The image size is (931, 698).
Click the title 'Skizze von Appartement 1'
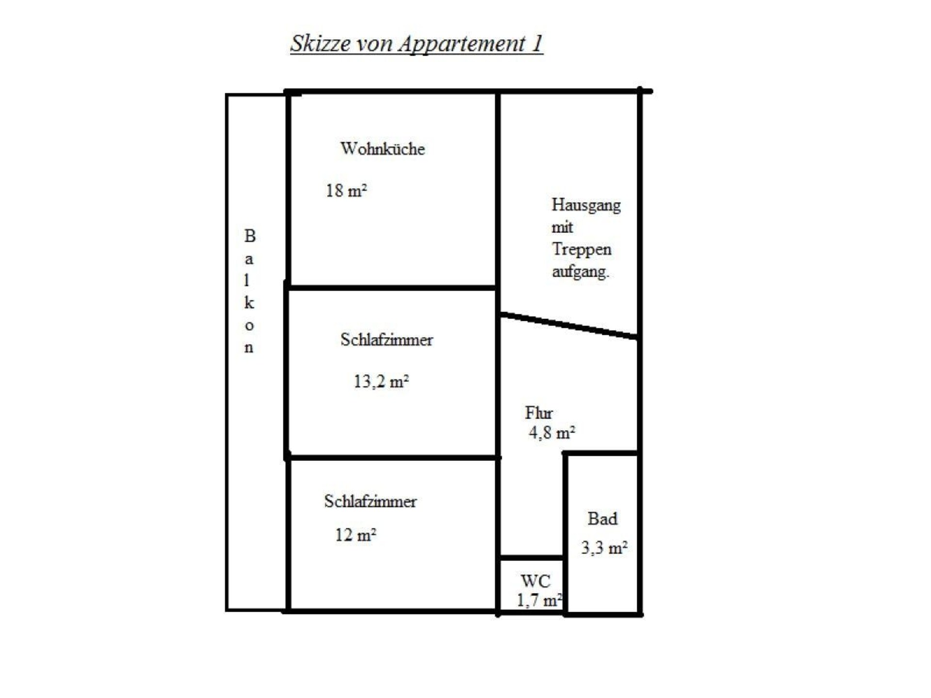417,44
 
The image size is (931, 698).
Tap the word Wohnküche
383,148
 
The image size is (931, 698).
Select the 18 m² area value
346,190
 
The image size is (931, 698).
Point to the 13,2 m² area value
381,381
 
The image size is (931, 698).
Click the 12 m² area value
355,535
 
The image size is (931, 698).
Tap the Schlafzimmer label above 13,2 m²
386,339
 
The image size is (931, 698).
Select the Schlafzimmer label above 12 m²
370,501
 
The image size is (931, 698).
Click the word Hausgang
586,206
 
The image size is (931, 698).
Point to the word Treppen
582,249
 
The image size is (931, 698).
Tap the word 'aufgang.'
580,271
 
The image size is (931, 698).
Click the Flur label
539,412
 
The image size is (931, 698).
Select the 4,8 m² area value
552,432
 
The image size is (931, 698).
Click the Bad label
602,519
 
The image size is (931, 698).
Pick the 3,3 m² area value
604,548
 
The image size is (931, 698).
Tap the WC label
535,581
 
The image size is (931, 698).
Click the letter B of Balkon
249,236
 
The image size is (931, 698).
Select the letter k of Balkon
249,302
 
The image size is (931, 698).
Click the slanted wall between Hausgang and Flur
569,326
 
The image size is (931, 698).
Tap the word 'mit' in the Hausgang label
562,227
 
